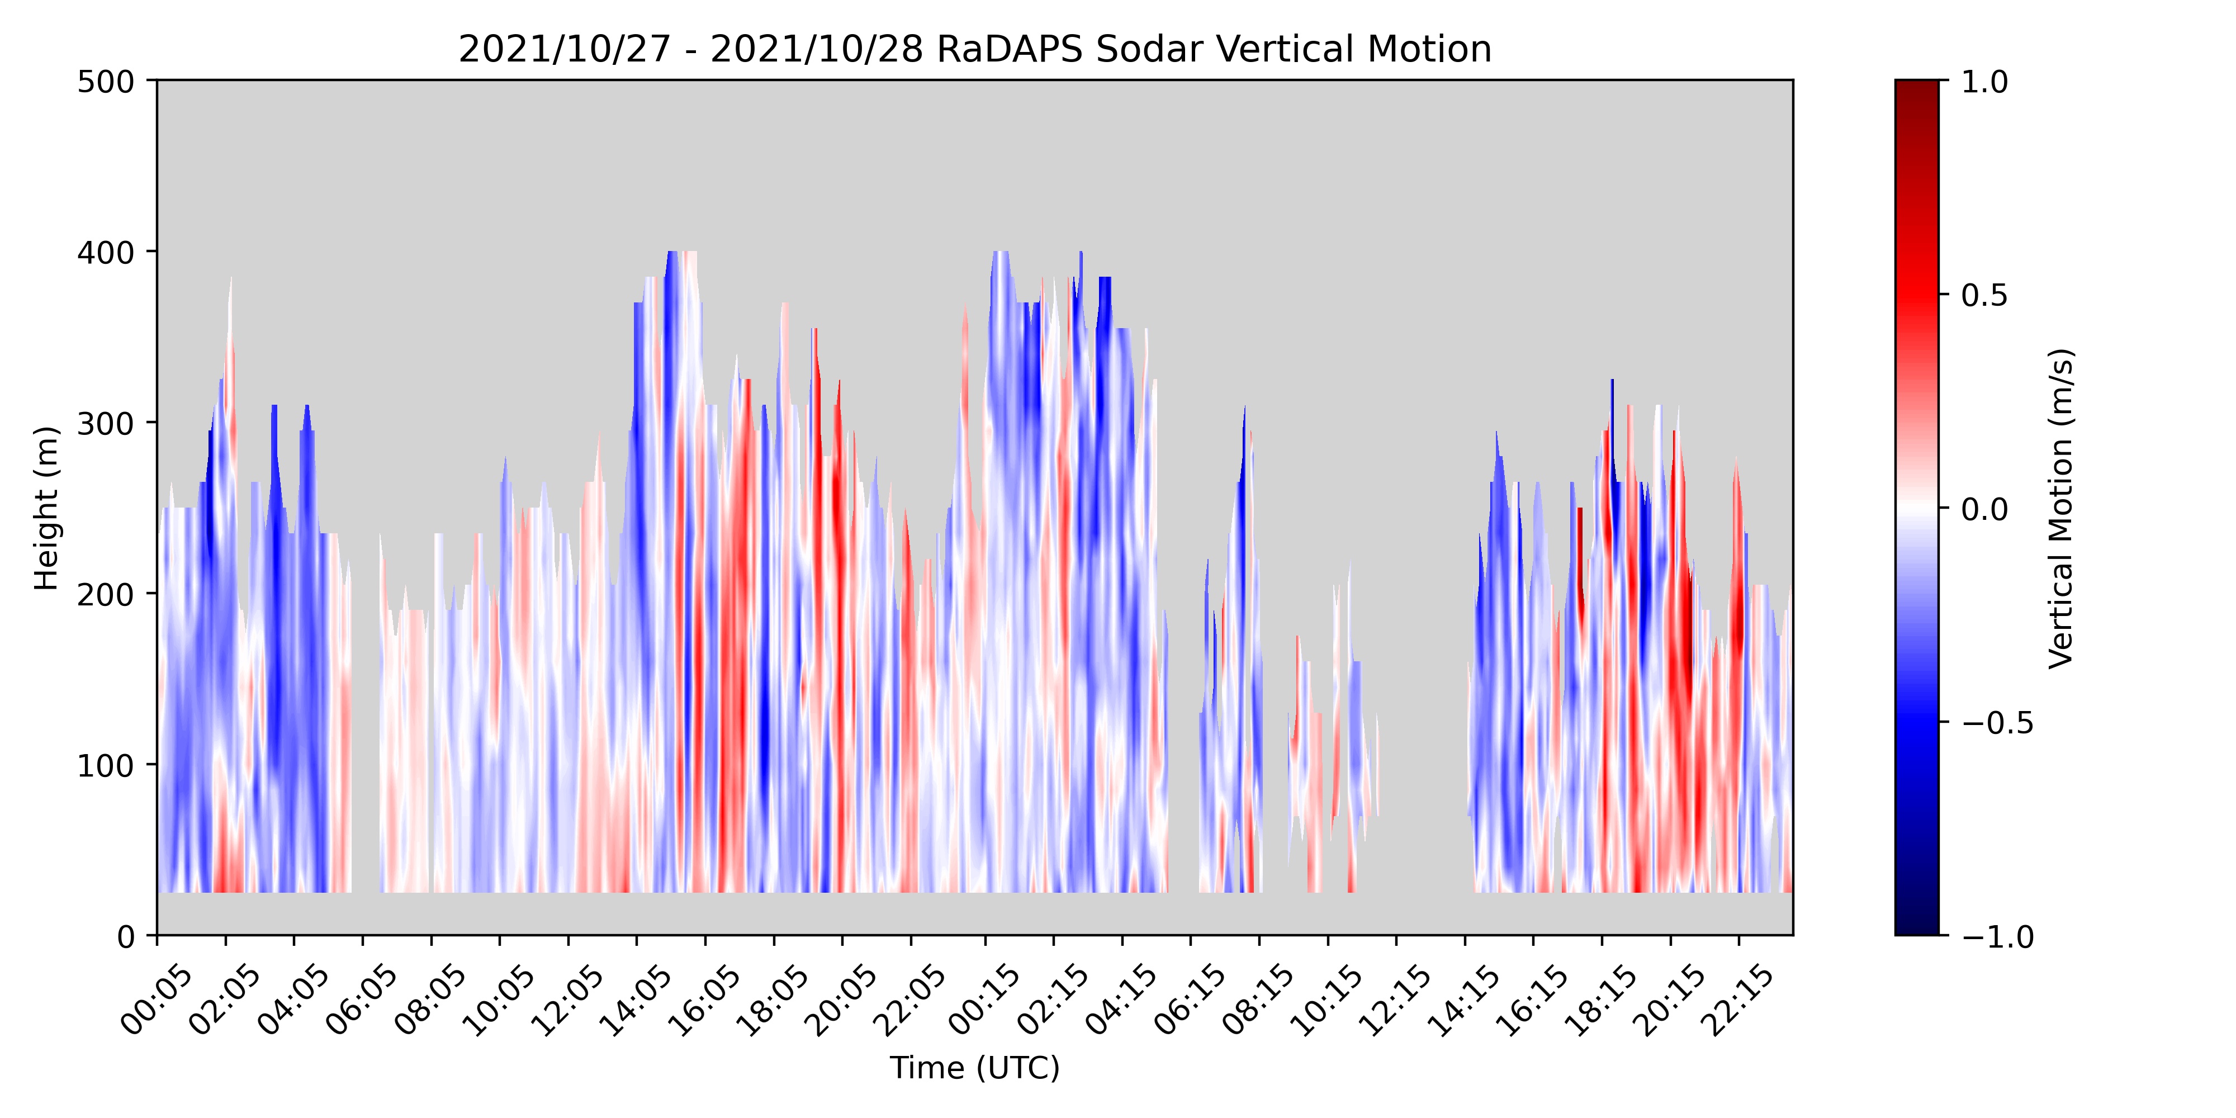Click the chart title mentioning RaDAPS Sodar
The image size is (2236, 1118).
975,50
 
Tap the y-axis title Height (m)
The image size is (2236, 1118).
46,508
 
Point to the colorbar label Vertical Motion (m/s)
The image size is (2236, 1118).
2060,508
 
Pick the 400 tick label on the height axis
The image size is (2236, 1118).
106,253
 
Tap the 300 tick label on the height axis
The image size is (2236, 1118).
106,424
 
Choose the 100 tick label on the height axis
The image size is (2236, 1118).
106,766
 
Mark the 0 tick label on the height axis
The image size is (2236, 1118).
126,936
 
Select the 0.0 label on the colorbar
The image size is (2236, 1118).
1984,509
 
